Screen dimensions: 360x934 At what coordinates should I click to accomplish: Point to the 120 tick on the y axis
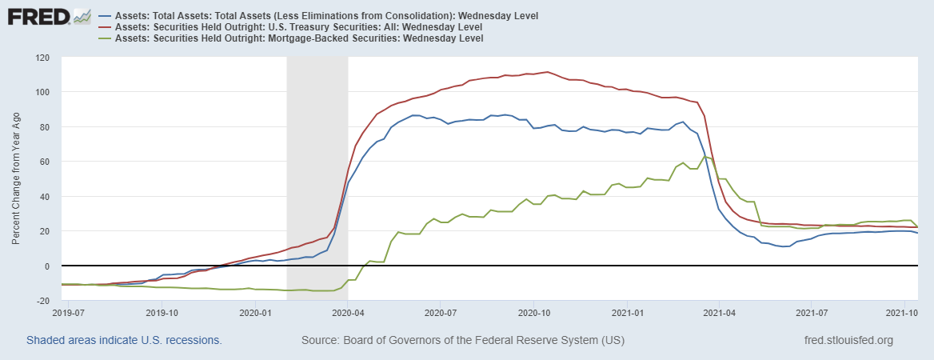42,58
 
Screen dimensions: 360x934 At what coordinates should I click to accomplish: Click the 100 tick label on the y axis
42,92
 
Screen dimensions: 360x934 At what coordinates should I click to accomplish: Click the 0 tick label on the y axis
47,266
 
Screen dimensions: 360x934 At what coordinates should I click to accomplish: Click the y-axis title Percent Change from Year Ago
16,179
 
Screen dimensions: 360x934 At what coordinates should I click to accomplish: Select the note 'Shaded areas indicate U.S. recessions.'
124,341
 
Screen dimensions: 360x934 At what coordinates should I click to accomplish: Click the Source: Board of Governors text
462,341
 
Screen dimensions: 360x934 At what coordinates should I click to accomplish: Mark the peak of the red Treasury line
546,72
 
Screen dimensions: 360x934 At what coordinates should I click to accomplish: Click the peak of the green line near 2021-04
704,156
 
